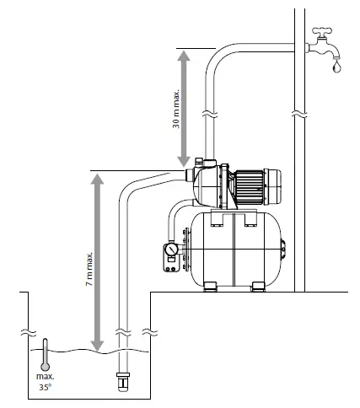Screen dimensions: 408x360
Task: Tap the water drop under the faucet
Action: [x=337, y=63]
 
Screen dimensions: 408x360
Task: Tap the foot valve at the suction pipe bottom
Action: [x=124, y=381]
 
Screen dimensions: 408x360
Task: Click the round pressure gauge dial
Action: [x=172, y=250]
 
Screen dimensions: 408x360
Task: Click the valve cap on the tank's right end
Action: [x=282, y=250]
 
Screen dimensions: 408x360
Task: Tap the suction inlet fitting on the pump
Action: [x=187, y=175]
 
